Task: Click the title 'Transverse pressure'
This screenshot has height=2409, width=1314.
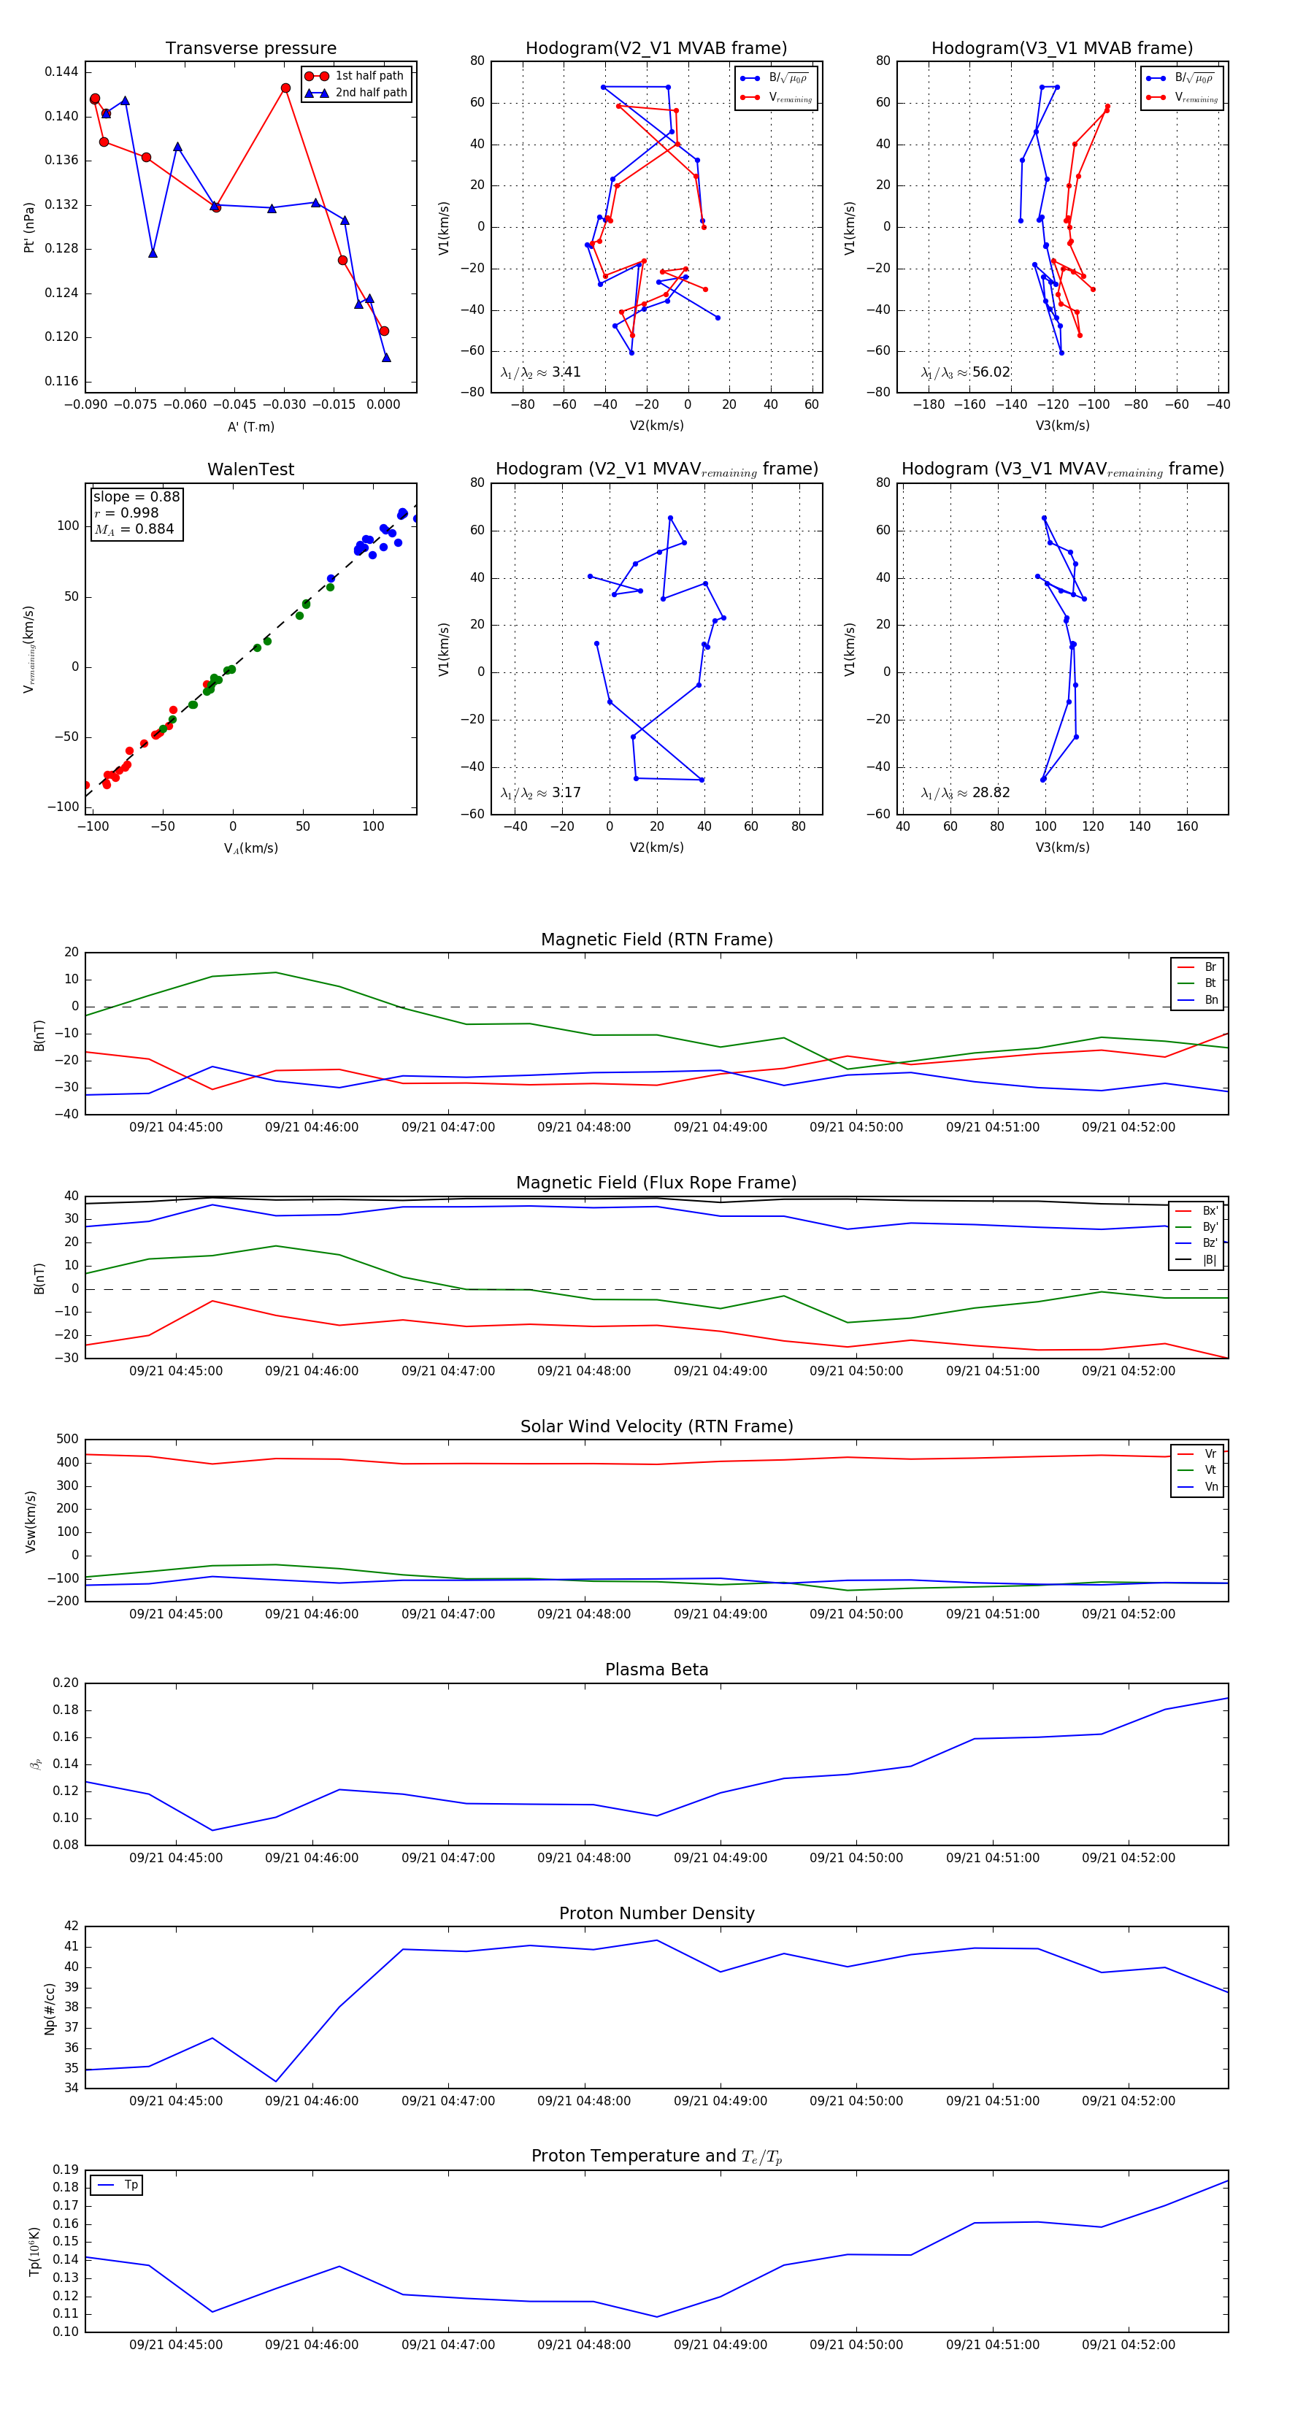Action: tap(250, 49)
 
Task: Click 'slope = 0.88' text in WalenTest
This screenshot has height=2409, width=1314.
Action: tap(137, 496)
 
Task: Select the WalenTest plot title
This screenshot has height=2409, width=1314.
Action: tap(250, 469)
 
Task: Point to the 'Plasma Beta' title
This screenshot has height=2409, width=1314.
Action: tap(656, 1670)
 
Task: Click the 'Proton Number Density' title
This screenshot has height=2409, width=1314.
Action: tap(656, 1913)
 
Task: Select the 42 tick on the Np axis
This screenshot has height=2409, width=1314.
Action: tap(71, 1926)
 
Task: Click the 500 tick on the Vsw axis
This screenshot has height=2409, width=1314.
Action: tap(67, 1440)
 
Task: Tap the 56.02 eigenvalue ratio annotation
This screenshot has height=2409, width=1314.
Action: tap(991, 372)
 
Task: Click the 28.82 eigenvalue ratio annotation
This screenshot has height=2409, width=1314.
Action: tap(991, 793)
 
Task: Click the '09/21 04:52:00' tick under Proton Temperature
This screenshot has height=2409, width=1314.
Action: tap(1128, 2345)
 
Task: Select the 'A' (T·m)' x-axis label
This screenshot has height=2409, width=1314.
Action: tap(250, 426)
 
